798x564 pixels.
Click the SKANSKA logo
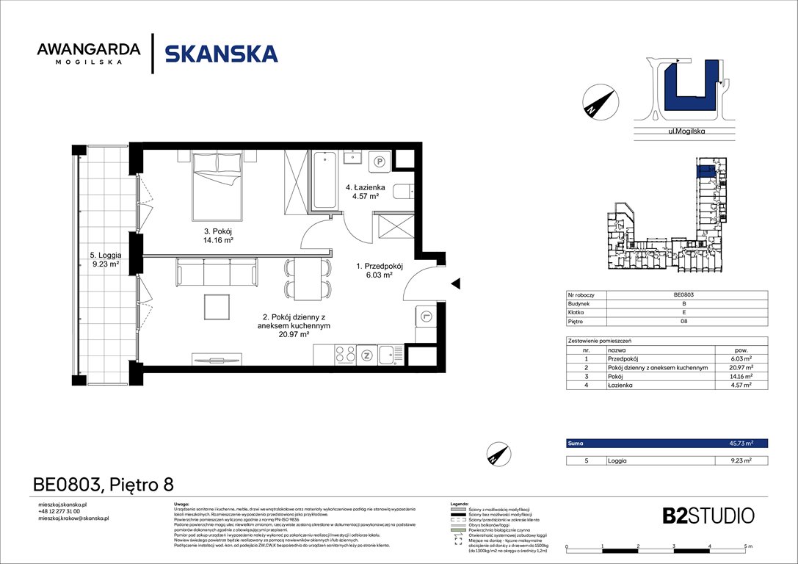pyautogui.click(x=221, y=54)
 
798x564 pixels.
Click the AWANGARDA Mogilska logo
pyautogui.click(x=89, y=54)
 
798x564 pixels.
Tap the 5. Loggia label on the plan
pyautogui.click(x=104, y=260)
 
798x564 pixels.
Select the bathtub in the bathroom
pyautogui.click(x=324, y=181)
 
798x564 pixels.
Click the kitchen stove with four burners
pyautogui.click(x=345, y=355)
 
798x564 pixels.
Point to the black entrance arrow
pyautogui.click(x=455, y=283)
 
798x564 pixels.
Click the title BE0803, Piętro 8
pyautogui.click(x=104, y=485)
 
